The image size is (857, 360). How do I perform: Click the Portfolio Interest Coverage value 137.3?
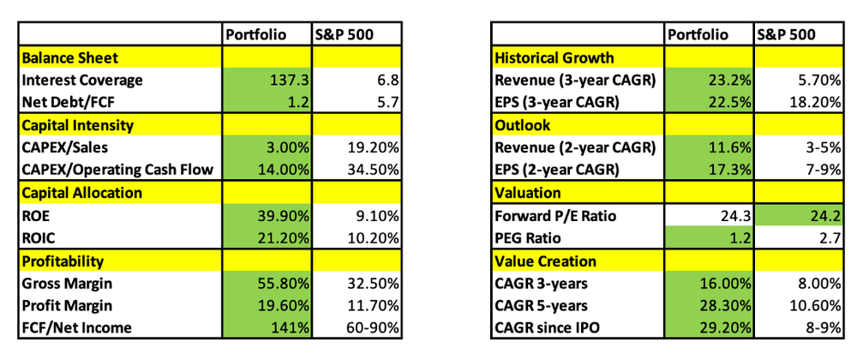(290, 81)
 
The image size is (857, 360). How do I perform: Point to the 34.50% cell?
(373, 171)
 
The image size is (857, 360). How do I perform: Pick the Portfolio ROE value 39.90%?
(284, 216)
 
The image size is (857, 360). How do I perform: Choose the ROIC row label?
(35, 238)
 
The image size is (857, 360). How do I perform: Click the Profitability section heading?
(63, 261)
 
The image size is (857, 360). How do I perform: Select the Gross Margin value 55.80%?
(284, 284)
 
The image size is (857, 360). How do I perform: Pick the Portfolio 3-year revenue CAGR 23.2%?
(730, 81)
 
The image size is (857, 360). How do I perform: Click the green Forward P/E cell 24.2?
(827, 216)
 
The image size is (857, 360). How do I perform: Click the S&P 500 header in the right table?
(787, 35)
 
